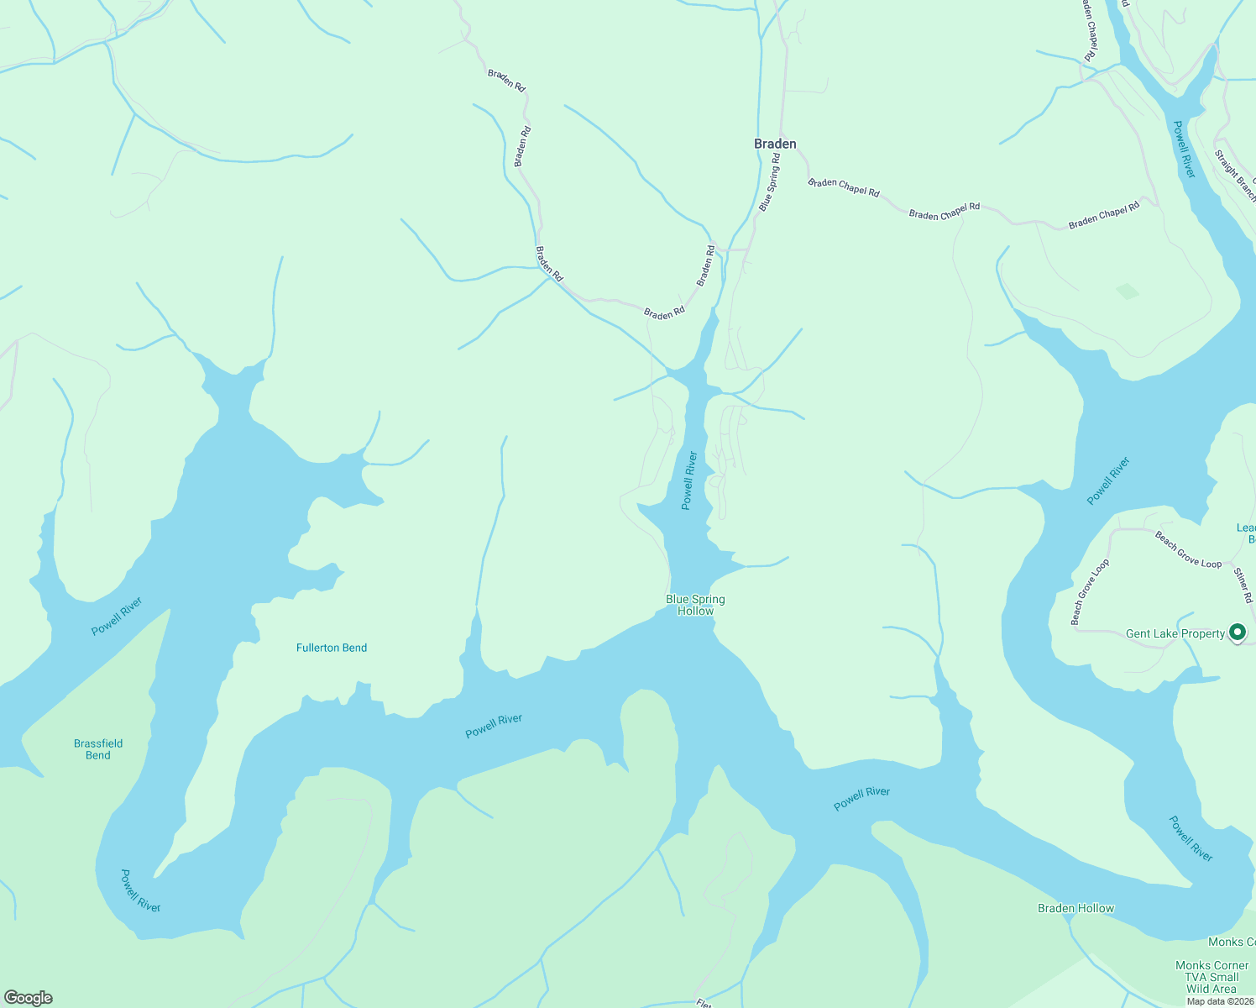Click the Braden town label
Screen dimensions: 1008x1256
(x=775, y=144)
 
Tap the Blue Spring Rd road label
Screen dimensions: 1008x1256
(x=769, y=181)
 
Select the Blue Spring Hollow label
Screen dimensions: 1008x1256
(x=695, y=605)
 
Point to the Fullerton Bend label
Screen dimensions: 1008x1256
(x=332, y=648)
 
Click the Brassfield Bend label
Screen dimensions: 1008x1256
(x=98, y=749)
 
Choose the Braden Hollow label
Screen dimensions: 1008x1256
(x=1075, y=908)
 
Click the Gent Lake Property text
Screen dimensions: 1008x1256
(x=1175, y=633)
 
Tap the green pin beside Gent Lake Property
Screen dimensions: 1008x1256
(x=1237, y=632)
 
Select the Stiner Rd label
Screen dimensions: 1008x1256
(x=1243, y=585)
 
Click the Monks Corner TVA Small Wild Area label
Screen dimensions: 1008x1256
(x=1212, y=977)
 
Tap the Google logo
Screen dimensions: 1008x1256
(x=29, y=998)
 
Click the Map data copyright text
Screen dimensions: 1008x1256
(x=1220, y=1001)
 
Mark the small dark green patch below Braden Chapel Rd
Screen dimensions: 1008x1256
(x=1128, y=291)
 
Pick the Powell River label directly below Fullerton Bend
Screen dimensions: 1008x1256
(x=494, y=726)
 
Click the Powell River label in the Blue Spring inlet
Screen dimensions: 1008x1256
(x=689, y=480)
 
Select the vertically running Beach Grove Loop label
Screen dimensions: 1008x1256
(x=1090, y=592)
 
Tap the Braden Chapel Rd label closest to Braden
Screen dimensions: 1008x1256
(x=843, y=187)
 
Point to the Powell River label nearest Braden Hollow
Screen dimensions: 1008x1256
(x=1191, y=837)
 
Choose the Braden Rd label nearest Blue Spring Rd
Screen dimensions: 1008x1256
(x=705, y=265)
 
